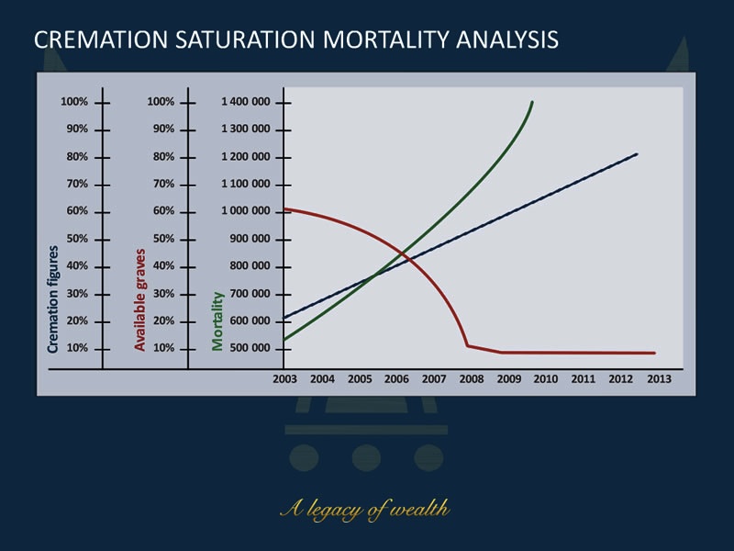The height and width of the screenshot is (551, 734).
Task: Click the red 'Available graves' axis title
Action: click(140, 298)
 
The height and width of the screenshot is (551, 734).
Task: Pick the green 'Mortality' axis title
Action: click(218, 320)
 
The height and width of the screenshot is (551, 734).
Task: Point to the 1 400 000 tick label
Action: click(246, 102)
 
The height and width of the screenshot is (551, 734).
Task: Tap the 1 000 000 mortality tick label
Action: click(246, 211)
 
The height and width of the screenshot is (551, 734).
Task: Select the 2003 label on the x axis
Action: click(284, 378)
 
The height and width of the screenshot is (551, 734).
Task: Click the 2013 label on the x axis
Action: click(658, 378)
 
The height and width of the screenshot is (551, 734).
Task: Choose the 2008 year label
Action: click(471, 378)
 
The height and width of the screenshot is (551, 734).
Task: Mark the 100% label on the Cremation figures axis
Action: click(74, 102)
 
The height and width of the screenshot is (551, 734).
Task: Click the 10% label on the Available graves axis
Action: click(162, 349)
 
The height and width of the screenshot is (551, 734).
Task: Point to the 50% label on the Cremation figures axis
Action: click(76, 239)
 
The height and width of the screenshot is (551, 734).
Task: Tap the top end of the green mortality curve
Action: click(532, 102)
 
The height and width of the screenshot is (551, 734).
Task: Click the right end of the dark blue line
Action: click(636, 154)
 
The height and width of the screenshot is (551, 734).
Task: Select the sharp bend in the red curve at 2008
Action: click(468, 345)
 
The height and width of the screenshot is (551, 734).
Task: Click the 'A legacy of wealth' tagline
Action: click(365, 509)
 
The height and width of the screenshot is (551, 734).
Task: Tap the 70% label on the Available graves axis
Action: click(162, 184)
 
